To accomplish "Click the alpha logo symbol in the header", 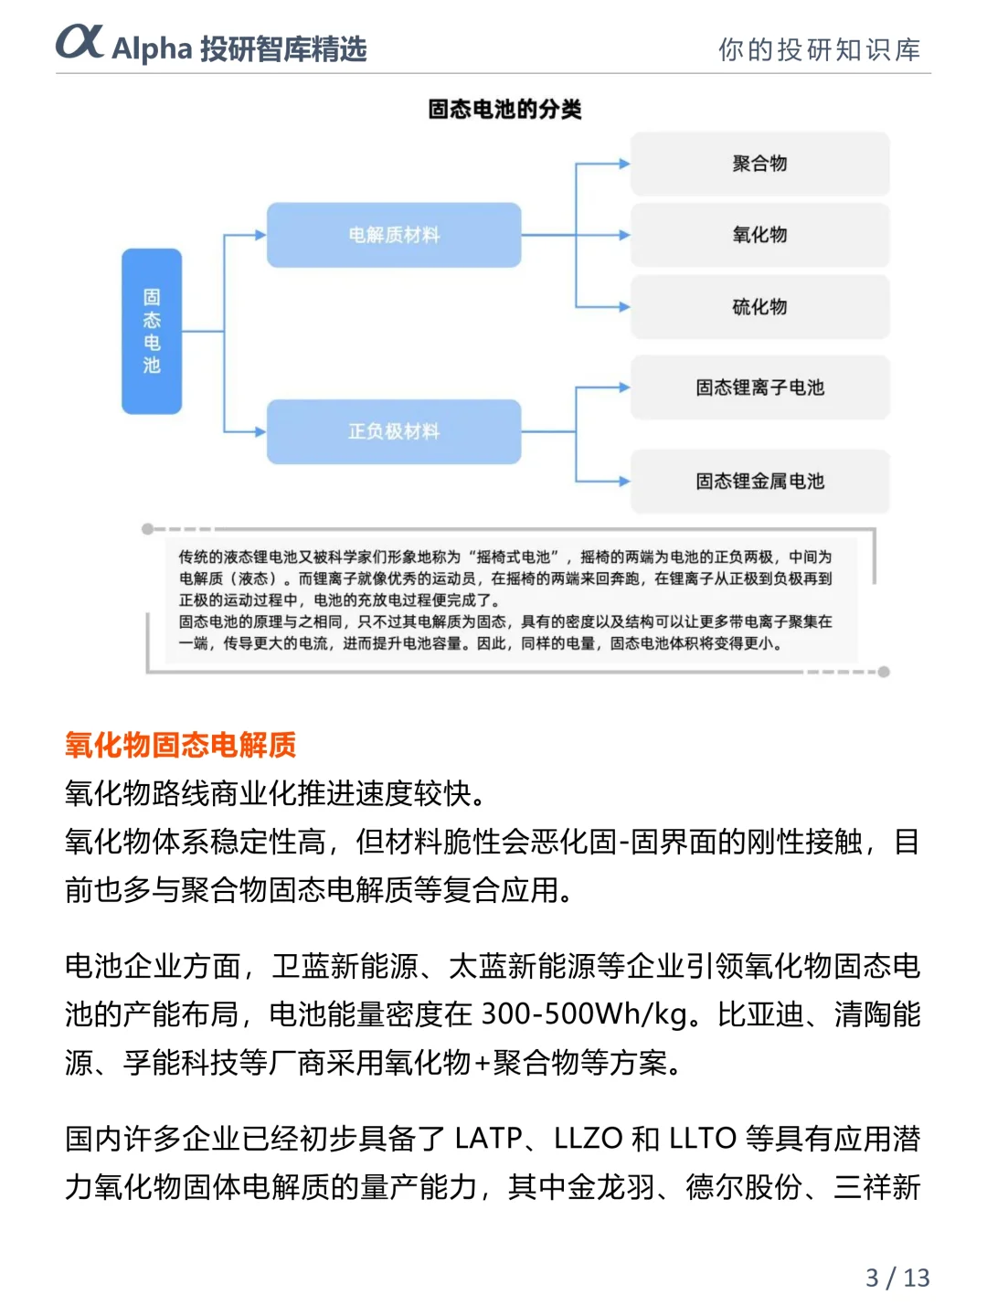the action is (80, 42).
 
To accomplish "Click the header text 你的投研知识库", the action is (819, 49).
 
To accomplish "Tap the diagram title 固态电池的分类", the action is (504, 110).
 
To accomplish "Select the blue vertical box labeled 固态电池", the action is (152, 331).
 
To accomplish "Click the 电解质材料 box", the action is (394, 235).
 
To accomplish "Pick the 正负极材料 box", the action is (394, 431).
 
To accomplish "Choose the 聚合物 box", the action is (759, 164).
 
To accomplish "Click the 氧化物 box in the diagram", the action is (759, 235).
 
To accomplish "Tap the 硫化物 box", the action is (759, 307).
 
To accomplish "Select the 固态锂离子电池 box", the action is (759, 387).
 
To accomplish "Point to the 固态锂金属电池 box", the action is (759, 481).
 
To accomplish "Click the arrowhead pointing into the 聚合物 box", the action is (624, 164).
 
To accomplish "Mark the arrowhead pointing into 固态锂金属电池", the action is (624, 481).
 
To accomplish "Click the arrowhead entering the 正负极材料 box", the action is (260, 431).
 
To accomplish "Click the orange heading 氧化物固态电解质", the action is (180, 745).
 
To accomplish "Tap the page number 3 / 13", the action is (897, 1277).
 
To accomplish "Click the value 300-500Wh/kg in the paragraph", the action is (585, 1014).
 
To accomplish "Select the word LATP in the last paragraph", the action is (489, 1139).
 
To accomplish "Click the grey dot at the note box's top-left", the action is (147, 529).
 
